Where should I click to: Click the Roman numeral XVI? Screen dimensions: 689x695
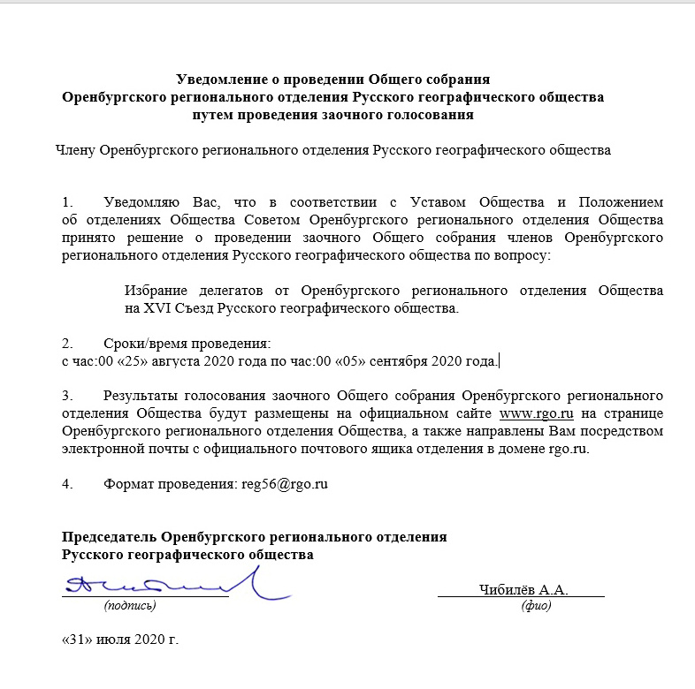(159, 309)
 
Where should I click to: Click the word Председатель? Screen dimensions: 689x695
(109, 537)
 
